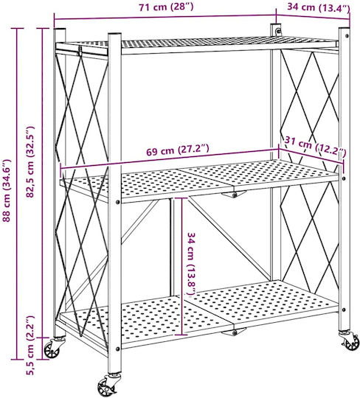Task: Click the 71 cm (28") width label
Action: [166, 7]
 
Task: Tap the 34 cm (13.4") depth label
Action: [319, 7]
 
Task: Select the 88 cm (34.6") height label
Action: [7, 190]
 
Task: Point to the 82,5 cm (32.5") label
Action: [30, 161]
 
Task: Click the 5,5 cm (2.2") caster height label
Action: [30, 345]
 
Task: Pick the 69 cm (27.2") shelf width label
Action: [178, 150]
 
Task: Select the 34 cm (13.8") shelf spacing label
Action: [191, 264]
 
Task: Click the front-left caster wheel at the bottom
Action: [107, 387]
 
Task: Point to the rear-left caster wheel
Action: [52, 350]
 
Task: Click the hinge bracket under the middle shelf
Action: [234, 194]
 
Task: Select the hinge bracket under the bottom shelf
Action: [234, 331]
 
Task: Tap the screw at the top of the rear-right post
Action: [278, 32]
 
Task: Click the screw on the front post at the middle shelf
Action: [117, 202]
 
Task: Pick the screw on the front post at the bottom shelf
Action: [117, 349]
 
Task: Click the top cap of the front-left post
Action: [114, 34]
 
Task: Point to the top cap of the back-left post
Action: [60, 29]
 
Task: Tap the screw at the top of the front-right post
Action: [346, 35]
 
